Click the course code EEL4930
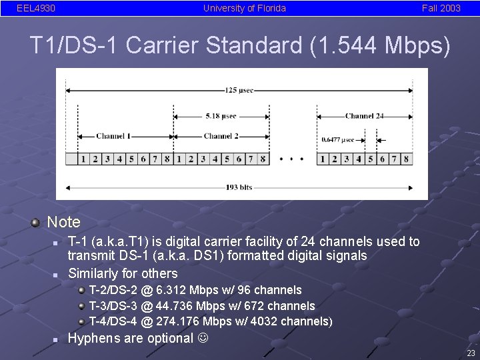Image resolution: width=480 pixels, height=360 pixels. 36,9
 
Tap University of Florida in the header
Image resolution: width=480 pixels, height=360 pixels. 245,9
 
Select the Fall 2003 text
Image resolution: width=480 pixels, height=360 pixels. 441,9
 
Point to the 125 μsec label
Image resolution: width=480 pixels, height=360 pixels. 239,90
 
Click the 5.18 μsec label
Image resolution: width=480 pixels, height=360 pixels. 221,116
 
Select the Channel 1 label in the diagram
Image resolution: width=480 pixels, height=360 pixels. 113,136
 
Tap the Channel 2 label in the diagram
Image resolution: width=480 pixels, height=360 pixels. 221,136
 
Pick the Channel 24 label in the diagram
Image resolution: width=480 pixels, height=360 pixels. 365,116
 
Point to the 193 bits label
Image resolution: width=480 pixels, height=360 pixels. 239,187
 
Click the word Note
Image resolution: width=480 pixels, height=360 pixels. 63,222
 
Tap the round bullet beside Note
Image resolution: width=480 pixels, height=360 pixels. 36,221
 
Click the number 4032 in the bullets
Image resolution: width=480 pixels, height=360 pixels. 263,322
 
